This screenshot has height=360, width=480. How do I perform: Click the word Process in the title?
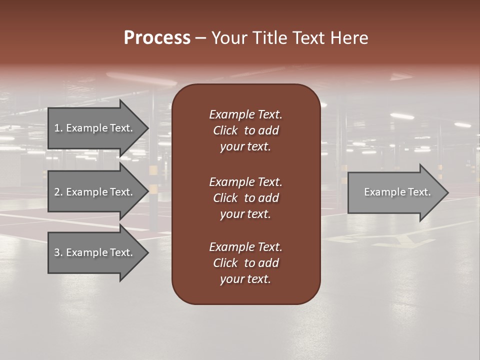point(157,38)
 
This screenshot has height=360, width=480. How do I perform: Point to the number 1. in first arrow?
point(58,128)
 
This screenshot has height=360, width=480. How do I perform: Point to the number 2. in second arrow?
point(58,192)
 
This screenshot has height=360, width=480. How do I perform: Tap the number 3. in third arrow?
point(58,252)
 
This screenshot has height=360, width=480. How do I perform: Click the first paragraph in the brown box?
point(245,130)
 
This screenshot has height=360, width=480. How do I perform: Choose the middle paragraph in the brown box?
point(245,197)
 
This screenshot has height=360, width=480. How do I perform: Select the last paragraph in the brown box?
point(245,263)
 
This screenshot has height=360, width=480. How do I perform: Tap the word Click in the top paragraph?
point(225,130)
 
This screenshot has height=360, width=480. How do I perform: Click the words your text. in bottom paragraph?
point(245,279)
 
